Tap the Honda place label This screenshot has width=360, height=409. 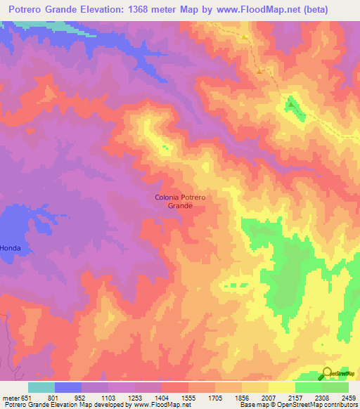point(10,248)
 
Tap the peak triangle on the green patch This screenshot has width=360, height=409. point(290,105)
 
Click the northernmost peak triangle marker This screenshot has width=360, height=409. point(245,37)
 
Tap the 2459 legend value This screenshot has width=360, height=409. point(349,397)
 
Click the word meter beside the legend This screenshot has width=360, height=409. point(10,397)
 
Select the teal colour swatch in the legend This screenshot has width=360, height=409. point(41,387)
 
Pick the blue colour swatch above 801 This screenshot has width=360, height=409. point(68,387)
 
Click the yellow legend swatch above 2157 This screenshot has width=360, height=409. point(282,387)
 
